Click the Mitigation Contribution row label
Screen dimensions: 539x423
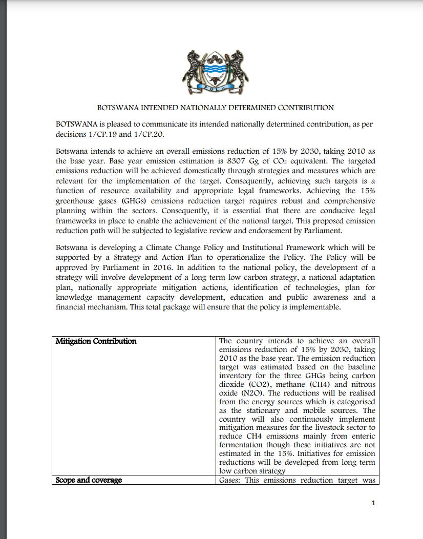click(x=96, y=341)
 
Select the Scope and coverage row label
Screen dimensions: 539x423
click(x=89, y=481)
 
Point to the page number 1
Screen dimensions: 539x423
click(x=373, y=503)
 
